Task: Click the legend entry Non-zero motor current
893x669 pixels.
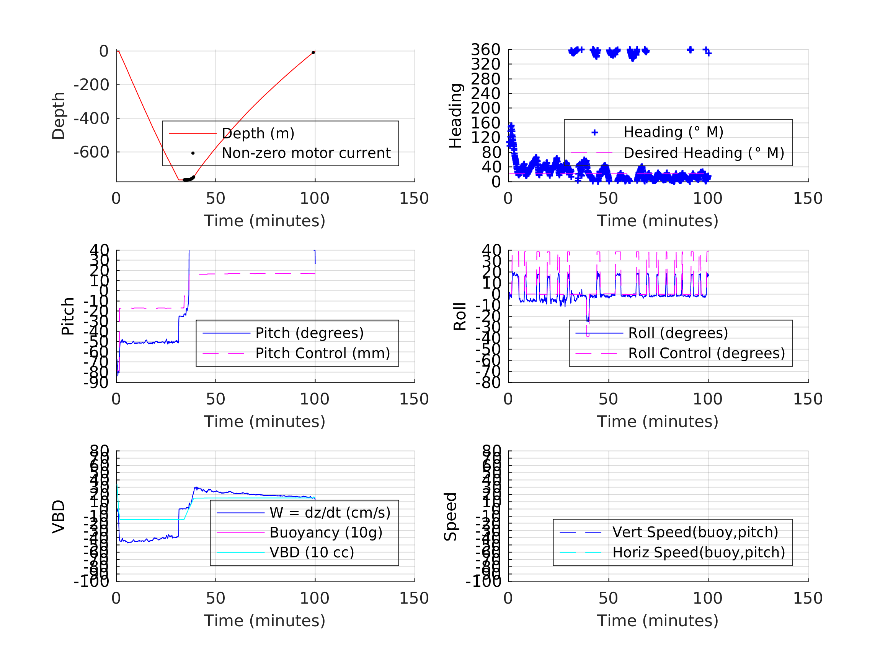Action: pyautogui.click(x=306, y=153)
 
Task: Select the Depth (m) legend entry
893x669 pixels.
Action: pyautogui.click(x=258, y=133)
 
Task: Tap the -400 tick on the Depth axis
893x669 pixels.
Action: pyautogui.click(x=91, y=119)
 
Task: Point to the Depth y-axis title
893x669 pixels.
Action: pyautogui.click(x=59, y=116)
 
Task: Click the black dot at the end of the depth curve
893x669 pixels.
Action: pyautogui.click(x=313, y=53)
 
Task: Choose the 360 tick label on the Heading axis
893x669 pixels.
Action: pyautogui.click(x=485, y=50)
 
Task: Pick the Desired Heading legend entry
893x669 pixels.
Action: pyautogui.click(x=704, y=153)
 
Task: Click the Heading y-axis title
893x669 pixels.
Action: pyautogui.click(x=455, y=116)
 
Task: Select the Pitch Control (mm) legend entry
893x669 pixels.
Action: pyautogui.click(x=323, y=354)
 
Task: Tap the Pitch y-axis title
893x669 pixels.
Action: pyautogui.click(x=68, y=317)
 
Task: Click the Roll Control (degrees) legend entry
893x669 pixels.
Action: pyautogui.click(x=707, y=354)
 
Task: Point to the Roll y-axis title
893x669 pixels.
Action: pyautogui.click(x=460, y=317)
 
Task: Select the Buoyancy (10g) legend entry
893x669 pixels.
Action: pyautogui.click(x=326, y=533)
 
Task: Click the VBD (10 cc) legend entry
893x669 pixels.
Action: pyautogui.click(x=312, y=552)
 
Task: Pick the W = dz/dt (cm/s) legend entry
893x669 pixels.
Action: pyautogui.click(x=330, y=513)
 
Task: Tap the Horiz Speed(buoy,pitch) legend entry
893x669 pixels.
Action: pyautogui.click(x=699, y=552)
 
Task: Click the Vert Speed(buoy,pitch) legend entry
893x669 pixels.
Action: pyautogui.click(x=695, y=532)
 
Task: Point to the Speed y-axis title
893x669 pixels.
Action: pyautogui.click(x=451, y=516)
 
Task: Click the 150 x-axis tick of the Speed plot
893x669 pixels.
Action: pyautogui.click(x=807, y=598)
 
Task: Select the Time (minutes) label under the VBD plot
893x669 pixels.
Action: pyautogui.click(x=264, y=620)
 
